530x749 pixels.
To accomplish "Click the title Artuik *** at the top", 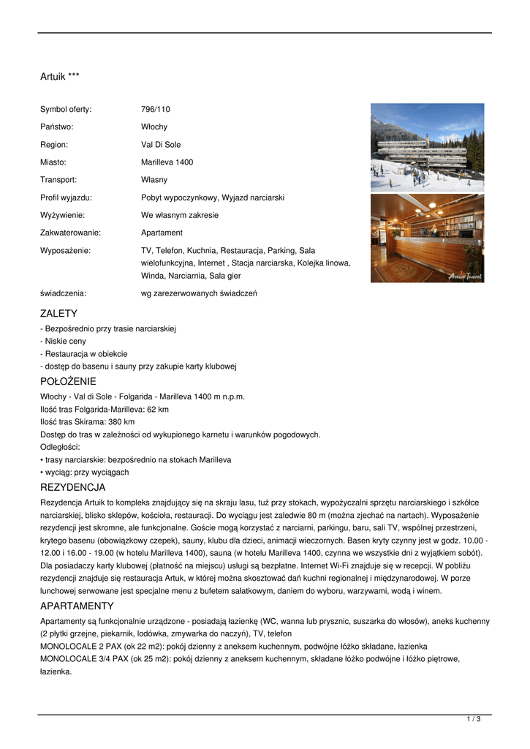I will (60, 76).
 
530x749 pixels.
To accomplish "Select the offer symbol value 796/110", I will (155, 110).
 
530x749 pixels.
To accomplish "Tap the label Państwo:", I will (57, 127).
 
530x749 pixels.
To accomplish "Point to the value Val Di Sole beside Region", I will (161, 145).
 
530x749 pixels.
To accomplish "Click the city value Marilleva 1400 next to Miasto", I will (167, 162).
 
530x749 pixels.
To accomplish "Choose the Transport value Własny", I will (154, 180).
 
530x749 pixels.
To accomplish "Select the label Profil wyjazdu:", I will (66, 197).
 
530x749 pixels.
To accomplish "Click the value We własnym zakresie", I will (180, 215).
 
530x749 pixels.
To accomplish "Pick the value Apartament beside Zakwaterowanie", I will (162, 233).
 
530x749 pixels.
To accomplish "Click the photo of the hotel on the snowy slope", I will (427, 147).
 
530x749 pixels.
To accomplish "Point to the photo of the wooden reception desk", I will (427, 238).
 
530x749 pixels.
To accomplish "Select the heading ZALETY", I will (58, 314).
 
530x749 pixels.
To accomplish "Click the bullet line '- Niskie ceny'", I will (64, 341).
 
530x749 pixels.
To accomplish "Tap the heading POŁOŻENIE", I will (68, 381).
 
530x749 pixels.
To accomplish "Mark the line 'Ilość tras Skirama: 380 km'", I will (87, 422).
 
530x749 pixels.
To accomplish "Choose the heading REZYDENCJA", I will (72, 487).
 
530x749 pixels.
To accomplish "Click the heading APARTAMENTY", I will (77, 606).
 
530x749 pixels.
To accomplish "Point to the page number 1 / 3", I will (474, 720).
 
